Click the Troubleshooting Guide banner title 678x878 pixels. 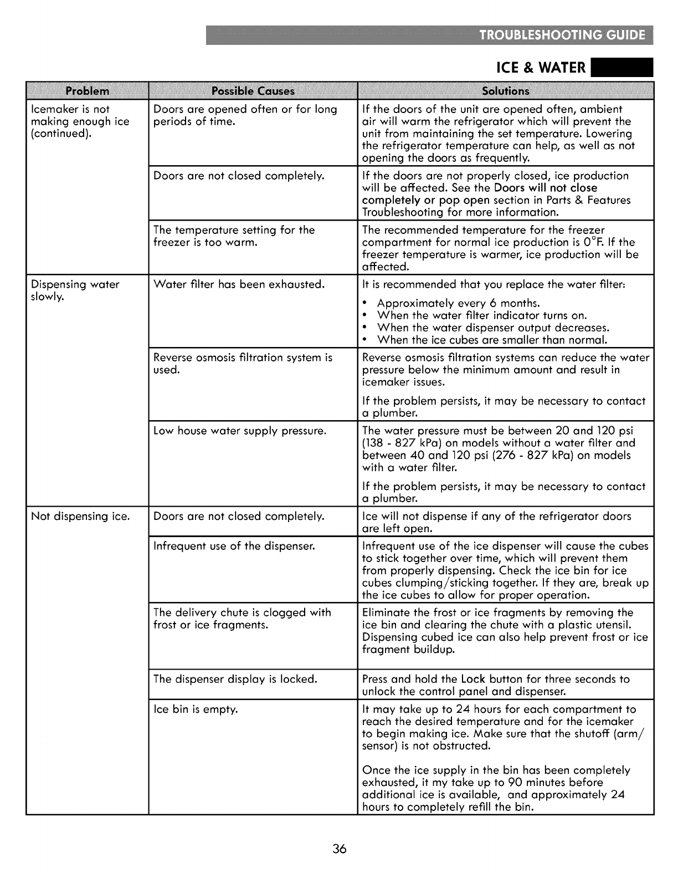(x=562, y=35)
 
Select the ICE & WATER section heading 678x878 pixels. (x=541, y=68)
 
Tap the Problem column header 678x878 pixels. (x=88, y=91)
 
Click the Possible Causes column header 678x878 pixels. (x=253, y=91)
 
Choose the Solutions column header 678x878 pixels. (x=506, y=91)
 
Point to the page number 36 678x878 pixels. (x=340, y=849)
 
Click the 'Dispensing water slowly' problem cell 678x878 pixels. (x=75, y=290)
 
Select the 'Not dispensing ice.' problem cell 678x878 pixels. (x=80, y=516)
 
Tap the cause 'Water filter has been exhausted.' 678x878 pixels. (x=239, y=284)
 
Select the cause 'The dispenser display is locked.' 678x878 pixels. (x=235, y=679)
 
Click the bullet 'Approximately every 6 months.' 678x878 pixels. (x=458, y=303)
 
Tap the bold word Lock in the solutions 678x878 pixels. (x=473, y=679)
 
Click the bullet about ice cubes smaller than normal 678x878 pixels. (x=492, y=340)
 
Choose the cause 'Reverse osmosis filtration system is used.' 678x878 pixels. (x=243, y=364)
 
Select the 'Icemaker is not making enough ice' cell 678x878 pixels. (x=80, y=121)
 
